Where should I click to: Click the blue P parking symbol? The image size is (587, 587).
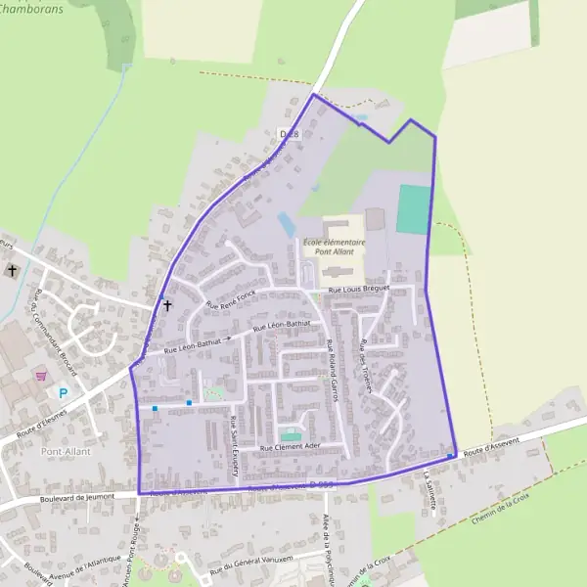(x=65, y=393)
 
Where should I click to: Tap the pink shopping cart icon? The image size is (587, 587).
(x=41, y=375)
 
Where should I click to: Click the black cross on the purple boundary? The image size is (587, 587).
(x=167, y=305)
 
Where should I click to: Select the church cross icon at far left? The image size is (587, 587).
(x=12, y=270)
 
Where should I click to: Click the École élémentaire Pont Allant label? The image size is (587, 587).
(x=334, y=247)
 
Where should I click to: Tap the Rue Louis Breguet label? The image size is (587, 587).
(x=359, y=289)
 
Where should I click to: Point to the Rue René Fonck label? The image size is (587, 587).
(x=230, y=297)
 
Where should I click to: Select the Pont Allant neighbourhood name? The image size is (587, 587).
(x=66, y=451)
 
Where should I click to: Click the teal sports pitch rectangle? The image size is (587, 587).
(x=413, y=209)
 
